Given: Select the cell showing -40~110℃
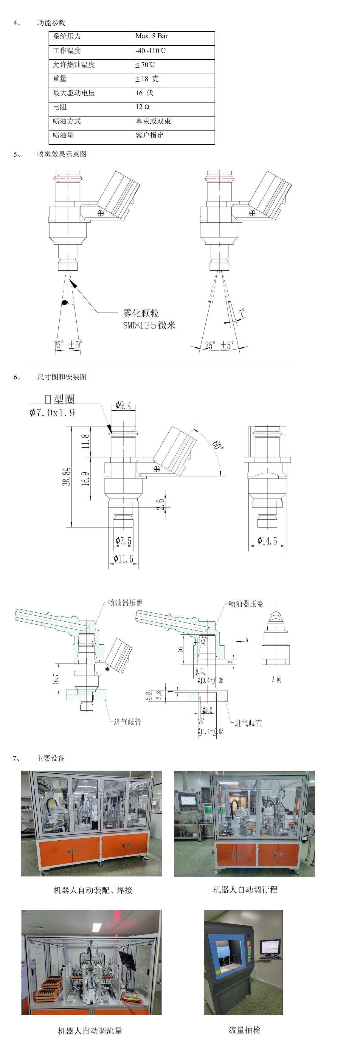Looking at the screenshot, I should tap(150, 51).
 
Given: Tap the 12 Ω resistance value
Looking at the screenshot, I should tap(142, 107).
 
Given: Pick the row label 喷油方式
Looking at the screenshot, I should tap(67, 121).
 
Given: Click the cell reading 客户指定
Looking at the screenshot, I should tap(150, 135).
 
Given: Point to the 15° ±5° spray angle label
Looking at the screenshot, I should tap(68, 345).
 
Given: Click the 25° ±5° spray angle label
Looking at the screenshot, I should tap(219, 345).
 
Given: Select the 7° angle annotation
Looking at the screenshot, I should tap(242, 313).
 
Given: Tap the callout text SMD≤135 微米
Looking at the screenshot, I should tap(149, 325).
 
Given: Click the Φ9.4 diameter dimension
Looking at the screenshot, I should tap(123, 405).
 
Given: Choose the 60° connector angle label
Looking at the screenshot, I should tap(218, 445).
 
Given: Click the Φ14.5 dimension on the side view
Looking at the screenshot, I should tap(267, 541).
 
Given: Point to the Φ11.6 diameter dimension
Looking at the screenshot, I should tap(123, 559).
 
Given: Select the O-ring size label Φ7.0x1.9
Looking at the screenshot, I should tap(52, 413).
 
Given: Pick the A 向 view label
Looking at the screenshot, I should tap(277, 679).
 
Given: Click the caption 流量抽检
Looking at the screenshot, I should tap(245, 1030).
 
